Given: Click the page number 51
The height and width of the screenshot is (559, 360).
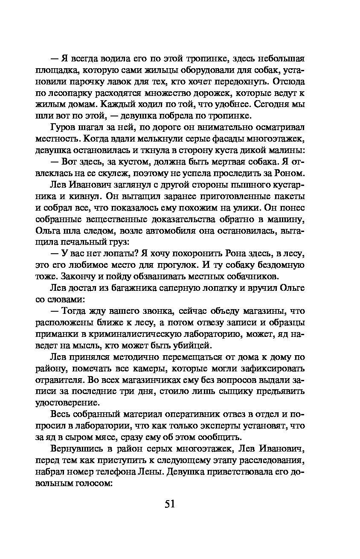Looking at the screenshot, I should coord(170,504).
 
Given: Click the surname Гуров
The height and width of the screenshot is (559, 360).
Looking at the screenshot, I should coord(64,127).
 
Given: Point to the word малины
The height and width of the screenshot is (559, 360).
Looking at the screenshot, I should coord(288,150).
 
